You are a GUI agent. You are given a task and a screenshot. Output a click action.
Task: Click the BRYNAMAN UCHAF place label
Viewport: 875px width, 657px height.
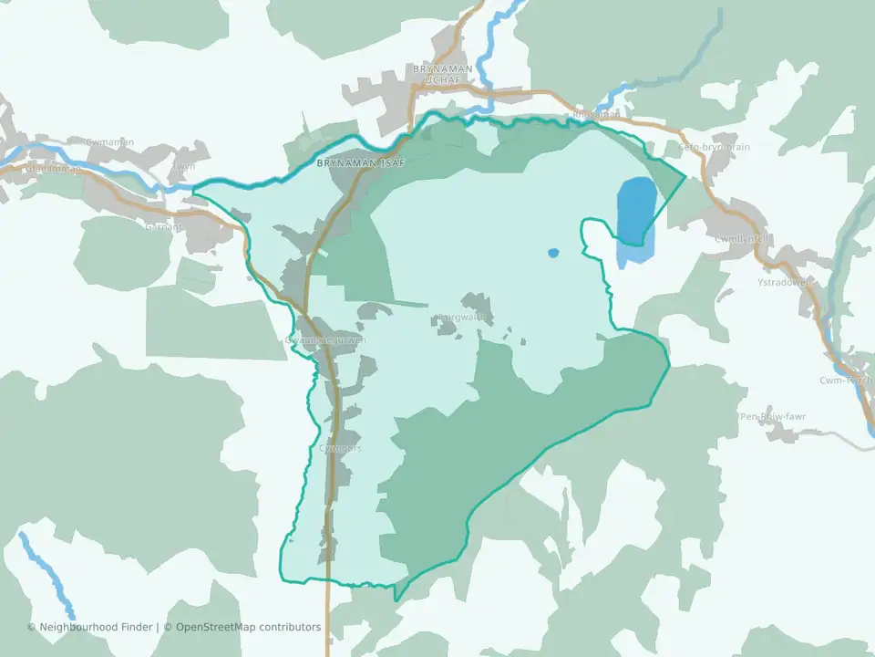coord(443,74)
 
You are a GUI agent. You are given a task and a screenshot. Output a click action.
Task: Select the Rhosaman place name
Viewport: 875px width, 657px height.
coord(596,115)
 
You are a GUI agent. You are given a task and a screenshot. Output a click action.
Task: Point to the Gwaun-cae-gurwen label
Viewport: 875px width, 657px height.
coord(325,339)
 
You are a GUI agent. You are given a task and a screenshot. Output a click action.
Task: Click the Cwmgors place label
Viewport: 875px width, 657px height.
coord(341,448)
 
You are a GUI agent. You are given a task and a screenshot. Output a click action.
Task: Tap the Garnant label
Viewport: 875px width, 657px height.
coord(163,227)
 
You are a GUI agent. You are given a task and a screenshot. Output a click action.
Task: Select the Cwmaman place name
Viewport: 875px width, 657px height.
coord(110,141)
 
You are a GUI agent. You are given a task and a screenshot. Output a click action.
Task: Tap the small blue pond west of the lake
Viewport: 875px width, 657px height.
coord(552,253)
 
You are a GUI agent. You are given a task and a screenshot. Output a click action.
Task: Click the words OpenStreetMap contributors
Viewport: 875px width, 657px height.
coord(248,627)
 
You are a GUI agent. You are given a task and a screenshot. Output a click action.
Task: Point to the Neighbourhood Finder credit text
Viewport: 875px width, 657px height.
coord(96,627)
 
